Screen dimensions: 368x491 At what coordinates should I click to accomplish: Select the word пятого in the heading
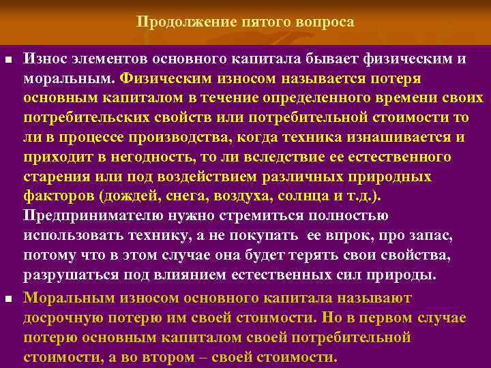[267, 22]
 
